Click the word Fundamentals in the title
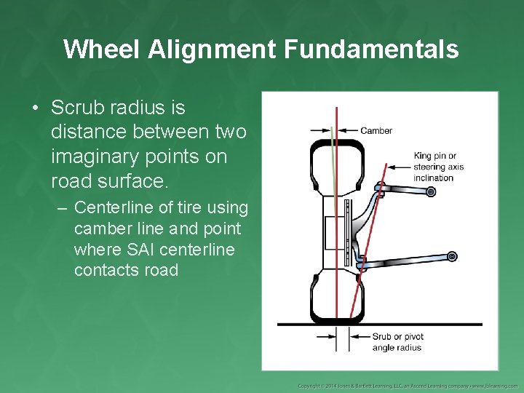(372, 49)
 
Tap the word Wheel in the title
(101, 49)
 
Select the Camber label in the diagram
(376, 131)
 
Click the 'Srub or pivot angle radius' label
(397, 342)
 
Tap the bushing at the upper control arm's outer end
(431, 192)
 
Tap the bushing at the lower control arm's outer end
(452, 256)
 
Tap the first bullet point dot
(34, 108)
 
